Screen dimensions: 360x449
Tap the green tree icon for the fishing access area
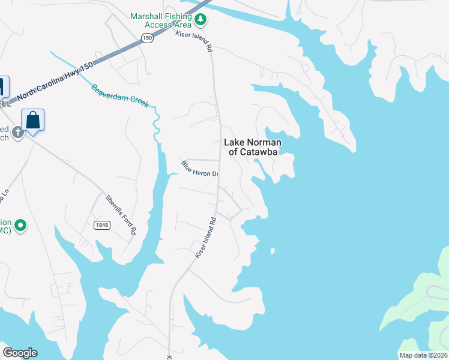click(x=200, y=21)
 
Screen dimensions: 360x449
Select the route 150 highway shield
click(x=147, y=38)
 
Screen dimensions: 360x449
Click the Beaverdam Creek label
click(x=120, y=96)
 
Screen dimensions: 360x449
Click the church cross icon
click(x=18, y=132)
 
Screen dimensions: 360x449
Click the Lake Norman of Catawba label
click(x=250, y=147)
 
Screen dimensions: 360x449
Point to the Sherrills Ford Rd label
click(x=121, y=214)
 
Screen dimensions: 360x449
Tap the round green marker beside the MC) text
click(x=20, y=226)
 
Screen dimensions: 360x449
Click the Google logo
click(x=20, y=353)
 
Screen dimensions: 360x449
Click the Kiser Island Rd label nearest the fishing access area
click(x=194, y=42)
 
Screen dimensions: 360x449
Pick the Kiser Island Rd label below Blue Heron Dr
click(x=205, y=238)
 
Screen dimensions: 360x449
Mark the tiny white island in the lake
click(x=272, y=251)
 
